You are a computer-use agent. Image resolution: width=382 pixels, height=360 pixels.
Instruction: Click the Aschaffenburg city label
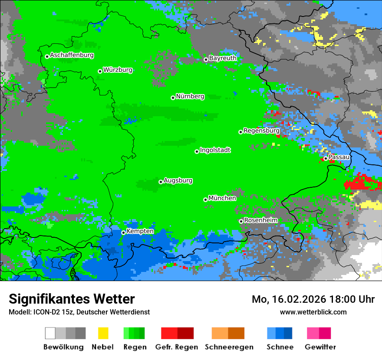(x=72, y=56)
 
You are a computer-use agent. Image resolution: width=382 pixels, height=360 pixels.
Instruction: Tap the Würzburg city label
(x=118, y=70)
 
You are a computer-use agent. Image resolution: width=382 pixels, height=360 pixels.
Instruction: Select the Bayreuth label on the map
(x=223, y=58)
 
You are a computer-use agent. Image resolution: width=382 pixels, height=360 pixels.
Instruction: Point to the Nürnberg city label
(x=190, y=97)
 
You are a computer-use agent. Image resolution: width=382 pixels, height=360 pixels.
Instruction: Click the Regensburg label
(x=261, y=131)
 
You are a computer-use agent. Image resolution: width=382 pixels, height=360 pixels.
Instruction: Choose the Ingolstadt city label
(x=215, y=151)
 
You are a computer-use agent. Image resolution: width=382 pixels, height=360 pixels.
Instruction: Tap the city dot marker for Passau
(x=326, y=158)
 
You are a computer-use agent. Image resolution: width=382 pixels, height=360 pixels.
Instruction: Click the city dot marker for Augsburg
(x=161, y=182)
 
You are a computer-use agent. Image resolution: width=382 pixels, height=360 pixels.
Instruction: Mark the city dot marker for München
(x=205, y=200)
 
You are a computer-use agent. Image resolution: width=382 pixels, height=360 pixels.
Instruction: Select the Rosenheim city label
(x=260, y=220)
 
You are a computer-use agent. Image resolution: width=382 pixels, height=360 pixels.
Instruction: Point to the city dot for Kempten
(x=123, y=232)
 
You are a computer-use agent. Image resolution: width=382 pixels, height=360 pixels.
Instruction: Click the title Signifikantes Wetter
(x=72, y=299)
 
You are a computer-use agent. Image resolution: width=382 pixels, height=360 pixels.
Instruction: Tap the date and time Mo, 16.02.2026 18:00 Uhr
(x=313, y=299)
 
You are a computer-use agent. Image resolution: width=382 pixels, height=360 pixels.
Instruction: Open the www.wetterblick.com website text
(x=313, y=312)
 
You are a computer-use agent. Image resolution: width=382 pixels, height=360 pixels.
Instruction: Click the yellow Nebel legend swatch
(x=103, y=333)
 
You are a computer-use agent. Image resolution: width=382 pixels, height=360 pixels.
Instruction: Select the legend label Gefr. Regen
(x=177, y=347)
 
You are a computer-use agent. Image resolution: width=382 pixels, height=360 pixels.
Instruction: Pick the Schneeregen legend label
(x=229, y=347)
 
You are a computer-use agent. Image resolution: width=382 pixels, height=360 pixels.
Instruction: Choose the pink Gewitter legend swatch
(x=313, y=333)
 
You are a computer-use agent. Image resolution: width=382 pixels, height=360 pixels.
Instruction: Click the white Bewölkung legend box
(x=50, y=333)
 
